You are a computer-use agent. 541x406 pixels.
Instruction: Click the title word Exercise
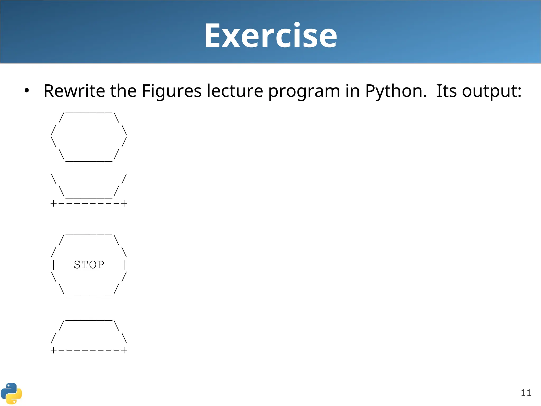pos(270,36)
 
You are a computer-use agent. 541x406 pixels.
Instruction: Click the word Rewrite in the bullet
pos(74,91)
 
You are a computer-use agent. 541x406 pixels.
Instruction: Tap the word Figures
pos(171,91)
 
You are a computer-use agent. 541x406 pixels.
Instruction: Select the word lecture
pos(235,91)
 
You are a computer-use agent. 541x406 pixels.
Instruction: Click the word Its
pos(446,91)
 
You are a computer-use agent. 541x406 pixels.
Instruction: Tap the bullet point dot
pos(26,91)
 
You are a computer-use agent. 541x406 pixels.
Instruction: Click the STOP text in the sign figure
pos(89,265)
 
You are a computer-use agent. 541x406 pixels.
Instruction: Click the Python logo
pos(11,394)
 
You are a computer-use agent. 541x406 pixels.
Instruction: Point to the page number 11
pos(526,393)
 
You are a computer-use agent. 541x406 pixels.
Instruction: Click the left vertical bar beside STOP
pos(54,265)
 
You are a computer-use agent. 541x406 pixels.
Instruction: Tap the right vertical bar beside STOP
pos(124,265)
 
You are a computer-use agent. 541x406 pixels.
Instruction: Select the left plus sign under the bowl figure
pos(54,203)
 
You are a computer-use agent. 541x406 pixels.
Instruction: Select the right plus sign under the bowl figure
pos(124,203)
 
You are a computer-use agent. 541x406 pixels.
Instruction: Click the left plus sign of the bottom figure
pos(54,350)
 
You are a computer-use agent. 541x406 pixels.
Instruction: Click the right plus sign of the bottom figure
pos(124,350)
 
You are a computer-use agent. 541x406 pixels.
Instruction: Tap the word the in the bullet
pos(123,91)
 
